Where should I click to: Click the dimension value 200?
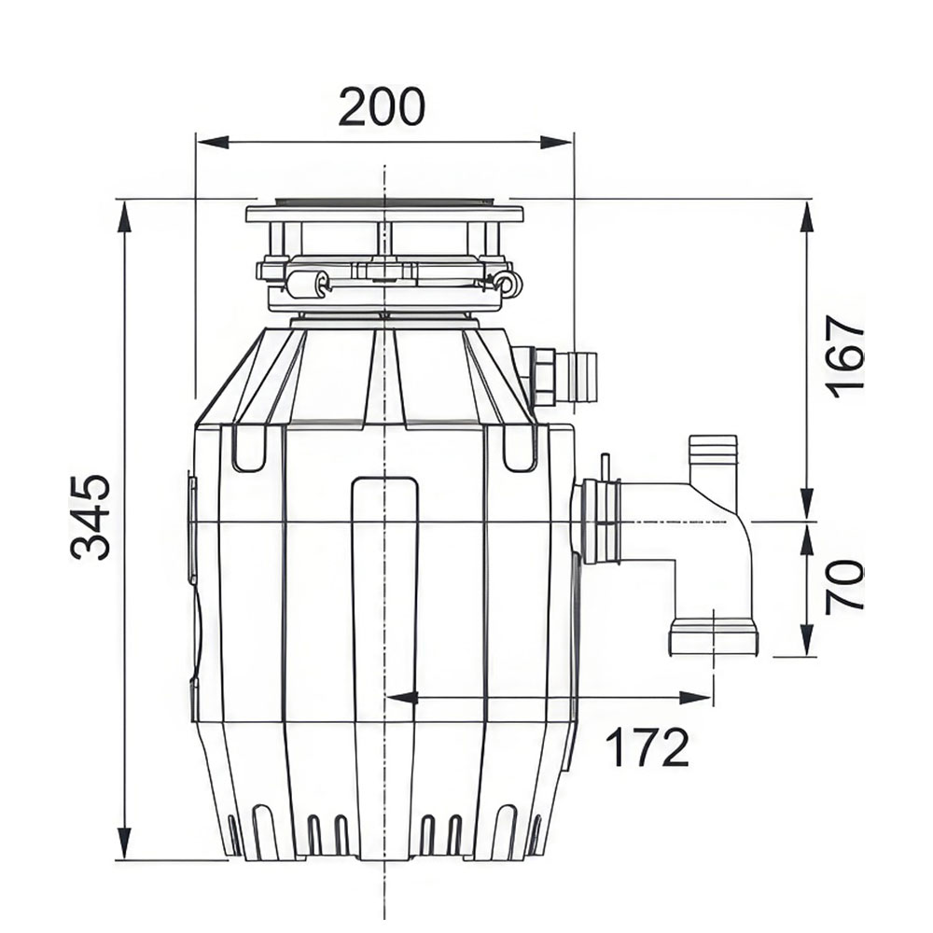[x=382, y=107]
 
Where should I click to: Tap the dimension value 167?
[x=843, y=357]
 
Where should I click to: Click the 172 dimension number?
[x=647, y=747]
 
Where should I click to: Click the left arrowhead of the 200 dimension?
[x=213, y=143]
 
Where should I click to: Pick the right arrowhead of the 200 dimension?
[x=556, y=143]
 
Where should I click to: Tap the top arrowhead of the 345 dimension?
[x=125, y=217]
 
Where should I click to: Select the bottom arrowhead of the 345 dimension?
[x=125, y=842]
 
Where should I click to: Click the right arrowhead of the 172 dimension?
[x=696, y=698]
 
